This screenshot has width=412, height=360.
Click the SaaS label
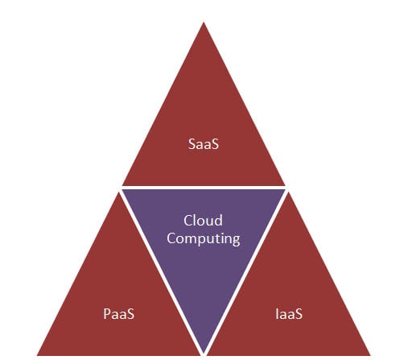click(x=203, y=147)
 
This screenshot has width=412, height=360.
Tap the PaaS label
click(x=120, y=313)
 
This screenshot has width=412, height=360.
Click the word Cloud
click(x=203, y=221)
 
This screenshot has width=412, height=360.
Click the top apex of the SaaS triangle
click(x=204, y=23)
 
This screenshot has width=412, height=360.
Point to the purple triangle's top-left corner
click(x=125, y=191)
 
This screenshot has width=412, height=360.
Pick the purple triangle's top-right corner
click(x=283, y=191)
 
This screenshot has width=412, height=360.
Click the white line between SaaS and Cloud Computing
click(x=204, y=188)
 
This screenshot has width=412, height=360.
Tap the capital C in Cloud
click(x=187, y=221)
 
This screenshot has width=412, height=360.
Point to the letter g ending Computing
click(x=236, y=240)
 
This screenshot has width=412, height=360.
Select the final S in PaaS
click(x=133, y=313)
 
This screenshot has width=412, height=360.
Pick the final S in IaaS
click(x=299, y=313)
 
